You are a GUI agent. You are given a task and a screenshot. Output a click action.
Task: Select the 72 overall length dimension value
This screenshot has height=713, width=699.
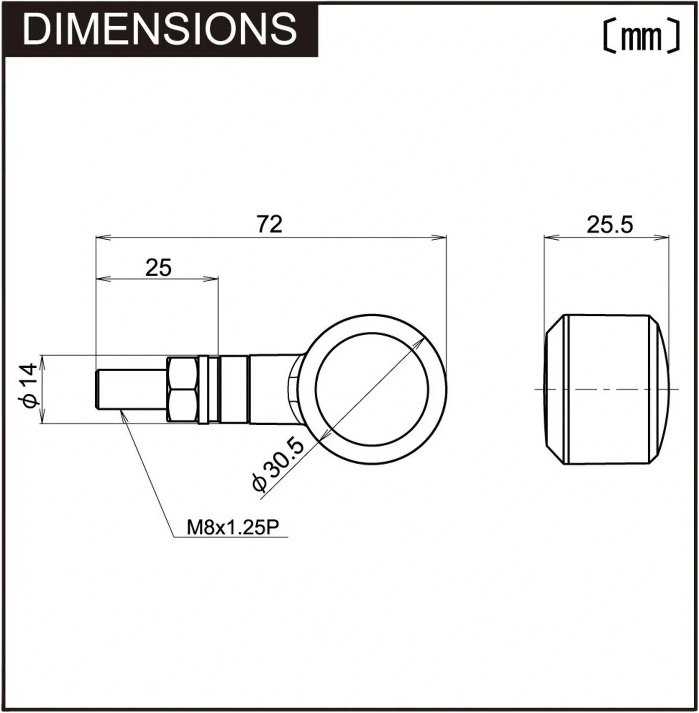tap(270, 224)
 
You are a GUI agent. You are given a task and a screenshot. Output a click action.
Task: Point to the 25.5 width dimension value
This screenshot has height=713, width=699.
tap(610, 225)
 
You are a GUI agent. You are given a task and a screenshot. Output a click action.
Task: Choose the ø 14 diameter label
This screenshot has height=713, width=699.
tap(30, 385)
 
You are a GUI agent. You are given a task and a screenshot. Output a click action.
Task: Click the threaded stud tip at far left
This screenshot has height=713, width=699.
tap(97, 389)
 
